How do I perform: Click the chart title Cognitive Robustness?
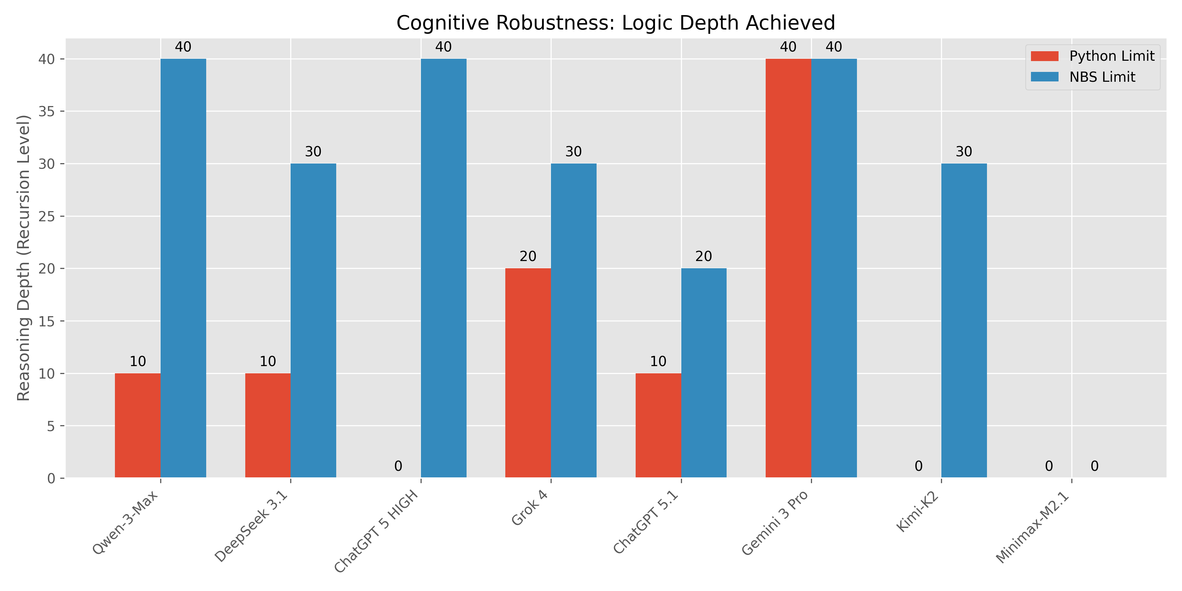pyautogui.click(x=615, y=23)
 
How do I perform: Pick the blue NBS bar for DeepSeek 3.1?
pyautogui.click(x=314, y=321)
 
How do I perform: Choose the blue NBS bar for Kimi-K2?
pyautogui.click(x=964, y=321)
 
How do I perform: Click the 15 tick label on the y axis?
pyautogui.click(x=46, y=321)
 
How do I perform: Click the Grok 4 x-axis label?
pyautogui.click(x=531, y=508)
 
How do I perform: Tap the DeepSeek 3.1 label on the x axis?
pyautogui.click(x=252, y=526)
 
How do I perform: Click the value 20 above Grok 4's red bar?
pyautogui.click(x=528, y=256)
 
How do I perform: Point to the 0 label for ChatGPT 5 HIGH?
pyautogui.click(x=398, y=466)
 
